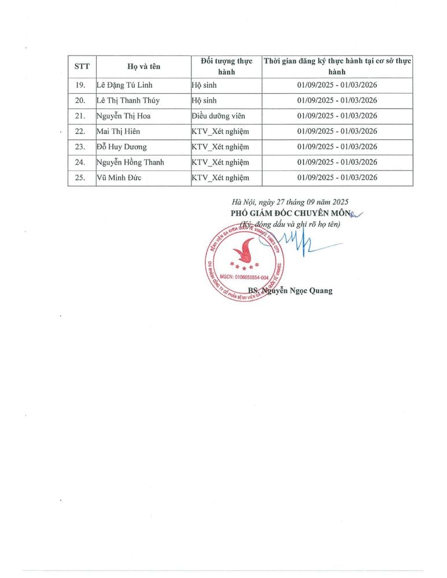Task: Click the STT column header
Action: coord(82,66)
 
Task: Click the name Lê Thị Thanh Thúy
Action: coord(128,101)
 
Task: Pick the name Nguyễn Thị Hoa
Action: coord(123,116)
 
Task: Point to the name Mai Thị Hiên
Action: coord(118,131)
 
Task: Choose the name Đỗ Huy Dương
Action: coord(121,147)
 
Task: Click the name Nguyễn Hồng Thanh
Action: coord(130,162)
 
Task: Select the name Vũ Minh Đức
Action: coord(119,177)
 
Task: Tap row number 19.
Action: coord(81,86)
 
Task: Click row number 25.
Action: coord(81,177)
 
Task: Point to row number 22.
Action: coord(81,131)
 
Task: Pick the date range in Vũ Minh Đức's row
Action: coord(337,177)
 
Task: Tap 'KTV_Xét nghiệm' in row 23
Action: coord(220,147)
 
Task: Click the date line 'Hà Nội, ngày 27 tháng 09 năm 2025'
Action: coord(290,202)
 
